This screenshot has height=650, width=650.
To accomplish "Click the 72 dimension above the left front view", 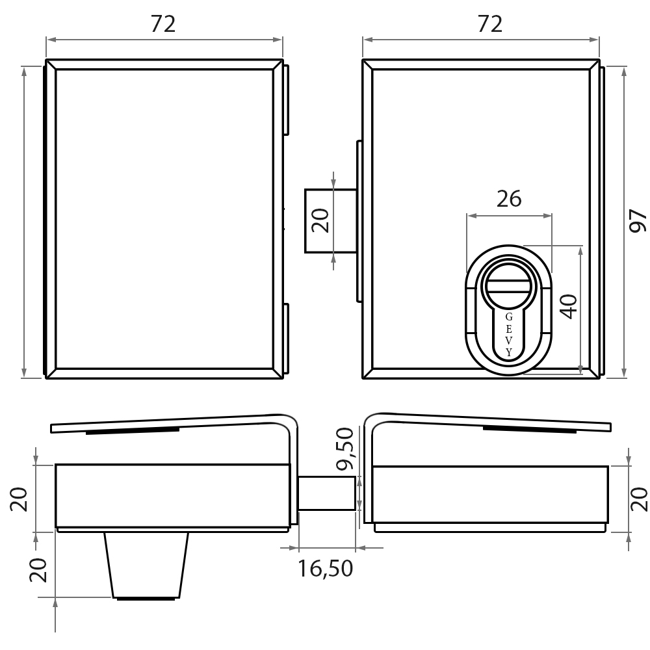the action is pyautogui.click(x=163, y=24).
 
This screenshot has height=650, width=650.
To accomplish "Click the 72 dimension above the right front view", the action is pyautogui.click(x=490, y=24).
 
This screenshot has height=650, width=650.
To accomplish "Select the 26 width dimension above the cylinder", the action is pyautogui.click(x=509, y=199).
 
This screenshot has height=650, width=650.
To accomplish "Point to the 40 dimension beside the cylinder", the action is pyautogui.click(x=569, y=306).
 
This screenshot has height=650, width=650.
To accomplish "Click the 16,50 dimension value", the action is pyautogui.click(x=326, y=568).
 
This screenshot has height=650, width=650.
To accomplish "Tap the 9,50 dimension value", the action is pyautogui.click(x=345, y=449).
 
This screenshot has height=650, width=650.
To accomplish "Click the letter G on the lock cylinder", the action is pyautogui.click(x=509, y=317).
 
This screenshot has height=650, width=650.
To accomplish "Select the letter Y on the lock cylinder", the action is pyautogui.click(x=509, y=353).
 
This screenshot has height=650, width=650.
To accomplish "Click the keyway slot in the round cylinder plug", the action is pyautogui.click(x=508, y=287).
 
